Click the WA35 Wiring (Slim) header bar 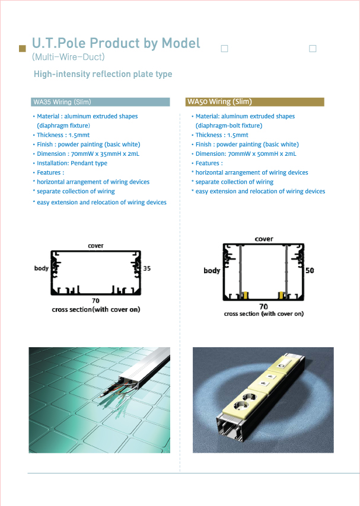[100, 102]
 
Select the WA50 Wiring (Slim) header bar [254, 102]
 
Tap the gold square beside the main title [23, 49]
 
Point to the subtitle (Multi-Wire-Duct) [68, 57]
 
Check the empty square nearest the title [224, 49]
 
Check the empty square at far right [313, 49]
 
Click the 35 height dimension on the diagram [146, 268]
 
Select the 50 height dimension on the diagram [310, 270]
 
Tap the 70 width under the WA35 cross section [95, 301]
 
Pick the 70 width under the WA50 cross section [263, 306]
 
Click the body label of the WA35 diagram [42, 268]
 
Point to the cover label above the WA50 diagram [264, 239]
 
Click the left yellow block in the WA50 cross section [246, 295]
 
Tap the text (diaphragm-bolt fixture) [229, 126]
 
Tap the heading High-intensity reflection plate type [103, 74]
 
